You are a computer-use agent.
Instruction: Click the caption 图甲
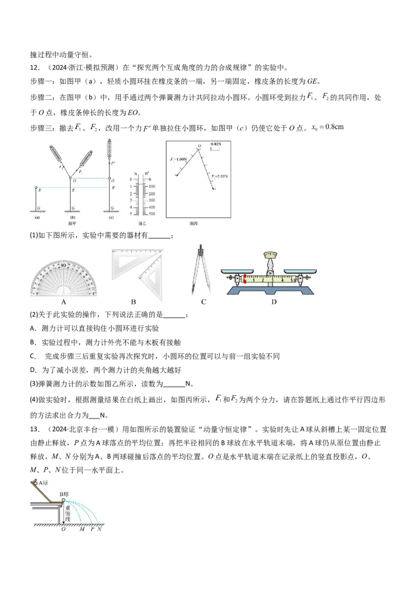pyautogui.click(x=72, y=223)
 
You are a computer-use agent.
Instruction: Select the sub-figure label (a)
pyautogui.click(x=36, y=217)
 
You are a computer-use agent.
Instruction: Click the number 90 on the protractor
pyautogui.click(x=63, y=265)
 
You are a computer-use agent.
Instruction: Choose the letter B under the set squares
pyautogui.click(x=133, y=302)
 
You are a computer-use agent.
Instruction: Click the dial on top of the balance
pyautogui.click(x=270, y=255)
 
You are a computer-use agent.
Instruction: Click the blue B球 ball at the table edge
pyautogui.click(x=63, y=500)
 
